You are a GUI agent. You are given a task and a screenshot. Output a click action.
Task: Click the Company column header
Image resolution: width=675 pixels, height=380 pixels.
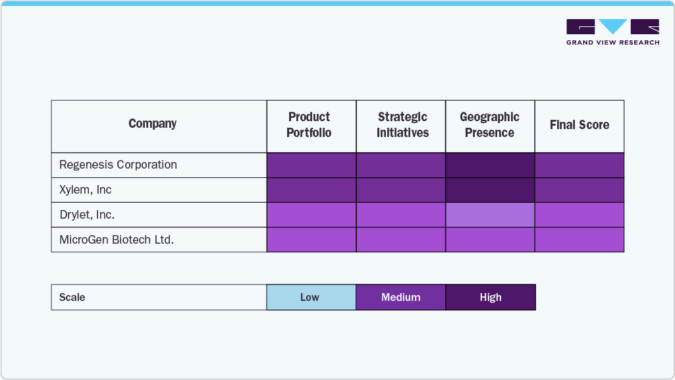152,124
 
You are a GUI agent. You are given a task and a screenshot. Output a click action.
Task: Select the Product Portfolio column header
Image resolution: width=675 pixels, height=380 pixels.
309,125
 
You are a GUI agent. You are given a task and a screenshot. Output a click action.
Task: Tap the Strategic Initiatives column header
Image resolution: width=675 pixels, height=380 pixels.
402,125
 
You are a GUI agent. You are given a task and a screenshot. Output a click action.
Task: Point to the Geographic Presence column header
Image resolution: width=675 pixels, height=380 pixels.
489,125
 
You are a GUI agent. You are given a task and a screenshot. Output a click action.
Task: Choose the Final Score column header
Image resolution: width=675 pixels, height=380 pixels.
579,125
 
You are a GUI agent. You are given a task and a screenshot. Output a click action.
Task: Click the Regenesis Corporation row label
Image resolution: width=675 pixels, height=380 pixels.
119,165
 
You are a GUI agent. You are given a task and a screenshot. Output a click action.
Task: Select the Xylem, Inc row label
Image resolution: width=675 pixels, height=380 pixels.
86,190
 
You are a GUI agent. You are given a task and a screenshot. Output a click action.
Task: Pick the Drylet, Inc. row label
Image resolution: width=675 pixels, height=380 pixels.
87,215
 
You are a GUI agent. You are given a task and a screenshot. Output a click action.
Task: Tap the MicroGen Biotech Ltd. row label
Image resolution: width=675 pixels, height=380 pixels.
117,240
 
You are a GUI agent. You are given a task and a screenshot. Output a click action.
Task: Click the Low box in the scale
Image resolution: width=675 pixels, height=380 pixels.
310,297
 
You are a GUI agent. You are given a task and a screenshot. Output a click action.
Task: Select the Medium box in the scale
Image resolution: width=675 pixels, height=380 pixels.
400,297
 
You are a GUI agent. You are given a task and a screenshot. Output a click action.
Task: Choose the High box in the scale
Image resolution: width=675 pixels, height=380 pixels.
491,297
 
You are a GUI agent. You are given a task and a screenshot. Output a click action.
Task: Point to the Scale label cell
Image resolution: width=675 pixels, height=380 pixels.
72,297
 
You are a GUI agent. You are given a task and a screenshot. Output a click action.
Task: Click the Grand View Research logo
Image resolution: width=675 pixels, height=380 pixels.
612,32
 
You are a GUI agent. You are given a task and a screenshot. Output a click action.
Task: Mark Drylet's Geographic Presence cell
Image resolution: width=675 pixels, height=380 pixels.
490,215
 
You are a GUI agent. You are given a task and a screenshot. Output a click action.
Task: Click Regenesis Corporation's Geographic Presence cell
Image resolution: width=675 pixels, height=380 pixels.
490,165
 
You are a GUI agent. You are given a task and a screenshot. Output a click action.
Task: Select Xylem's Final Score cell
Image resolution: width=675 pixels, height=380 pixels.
579,190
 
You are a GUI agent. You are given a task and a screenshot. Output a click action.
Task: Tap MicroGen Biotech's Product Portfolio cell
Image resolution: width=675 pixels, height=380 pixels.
311,240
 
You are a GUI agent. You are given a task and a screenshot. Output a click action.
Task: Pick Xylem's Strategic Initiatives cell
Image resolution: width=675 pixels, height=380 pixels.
400,190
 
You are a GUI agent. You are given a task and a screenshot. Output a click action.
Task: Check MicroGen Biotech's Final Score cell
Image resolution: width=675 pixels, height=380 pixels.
579,240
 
